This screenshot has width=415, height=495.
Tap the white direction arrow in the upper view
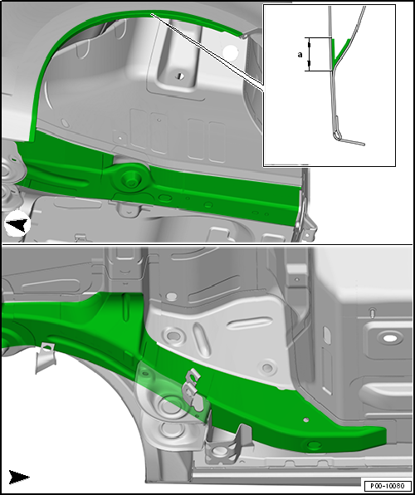coord(17,224)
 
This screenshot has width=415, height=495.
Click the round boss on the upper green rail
coord(130,177)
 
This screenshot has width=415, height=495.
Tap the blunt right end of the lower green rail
coord(378,436)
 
